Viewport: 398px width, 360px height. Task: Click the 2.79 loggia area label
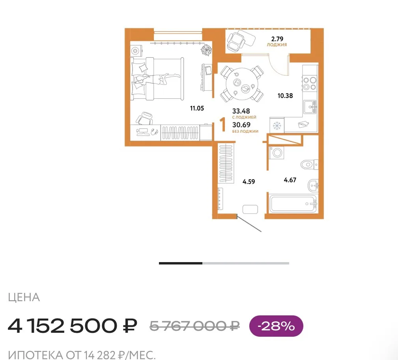pos(277,39)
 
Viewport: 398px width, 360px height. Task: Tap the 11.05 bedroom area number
pos(197,108)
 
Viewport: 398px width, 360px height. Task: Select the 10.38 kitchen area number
pos(285,96)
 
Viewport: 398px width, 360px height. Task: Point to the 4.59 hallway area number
pos(249,182)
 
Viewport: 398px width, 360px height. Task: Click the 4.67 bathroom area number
pos(290,180)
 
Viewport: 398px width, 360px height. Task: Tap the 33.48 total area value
pos(241,111)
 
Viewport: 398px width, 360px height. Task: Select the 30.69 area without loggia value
pos(241,125)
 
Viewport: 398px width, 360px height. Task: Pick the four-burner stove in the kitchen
pos(310,84)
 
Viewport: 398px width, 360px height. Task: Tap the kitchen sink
pos(310,107)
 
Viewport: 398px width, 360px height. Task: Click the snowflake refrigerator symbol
pos(277,125)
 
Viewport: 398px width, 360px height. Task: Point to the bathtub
pos(293,204)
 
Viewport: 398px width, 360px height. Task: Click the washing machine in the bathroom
pos(277,153)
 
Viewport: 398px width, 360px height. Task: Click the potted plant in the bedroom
pos(206,50)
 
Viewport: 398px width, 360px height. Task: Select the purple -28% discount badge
pos(276,326)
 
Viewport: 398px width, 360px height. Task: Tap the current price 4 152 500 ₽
pos(73,326)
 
